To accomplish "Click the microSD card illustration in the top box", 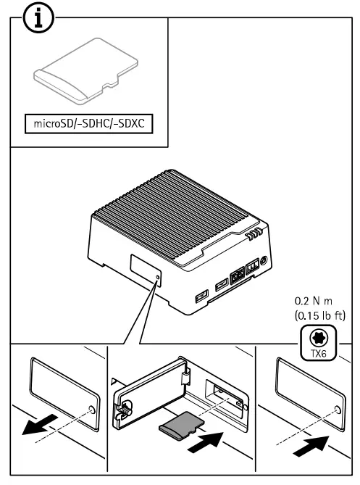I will tap(80, 81).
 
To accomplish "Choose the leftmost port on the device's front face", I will tap(201, 297).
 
